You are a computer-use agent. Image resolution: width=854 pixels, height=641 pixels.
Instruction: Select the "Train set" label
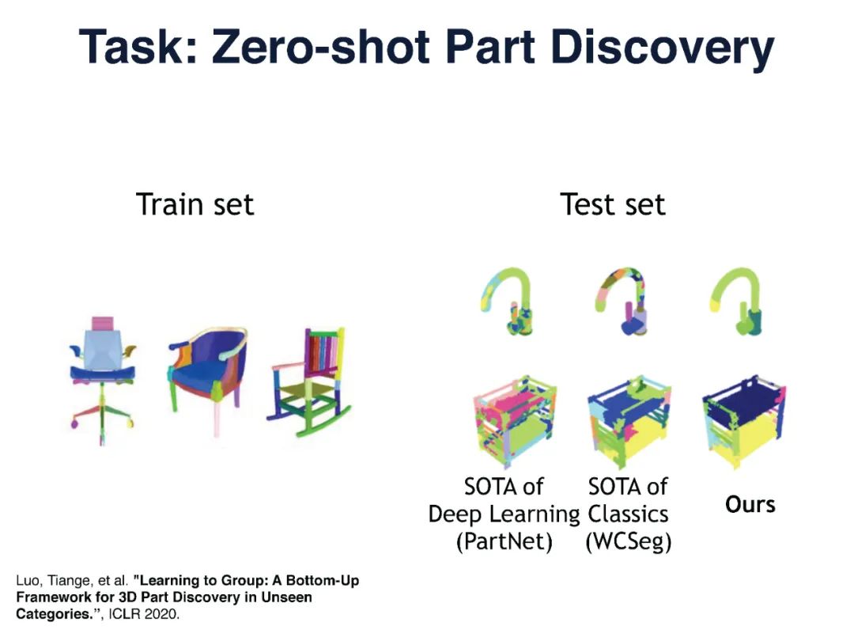195,204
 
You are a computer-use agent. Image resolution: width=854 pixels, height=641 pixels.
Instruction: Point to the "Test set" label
613,204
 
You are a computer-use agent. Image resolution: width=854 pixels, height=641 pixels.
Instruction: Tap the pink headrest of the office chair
103,324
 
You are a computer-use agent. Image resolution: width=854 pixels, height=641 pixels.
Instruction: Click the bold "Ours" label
750,504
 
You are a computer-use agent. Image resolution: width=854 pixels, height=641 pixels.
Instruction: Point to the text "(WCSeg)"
628,544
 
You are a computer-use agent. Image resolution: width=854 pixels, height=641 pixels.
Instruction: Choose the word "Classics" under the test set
628,514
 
